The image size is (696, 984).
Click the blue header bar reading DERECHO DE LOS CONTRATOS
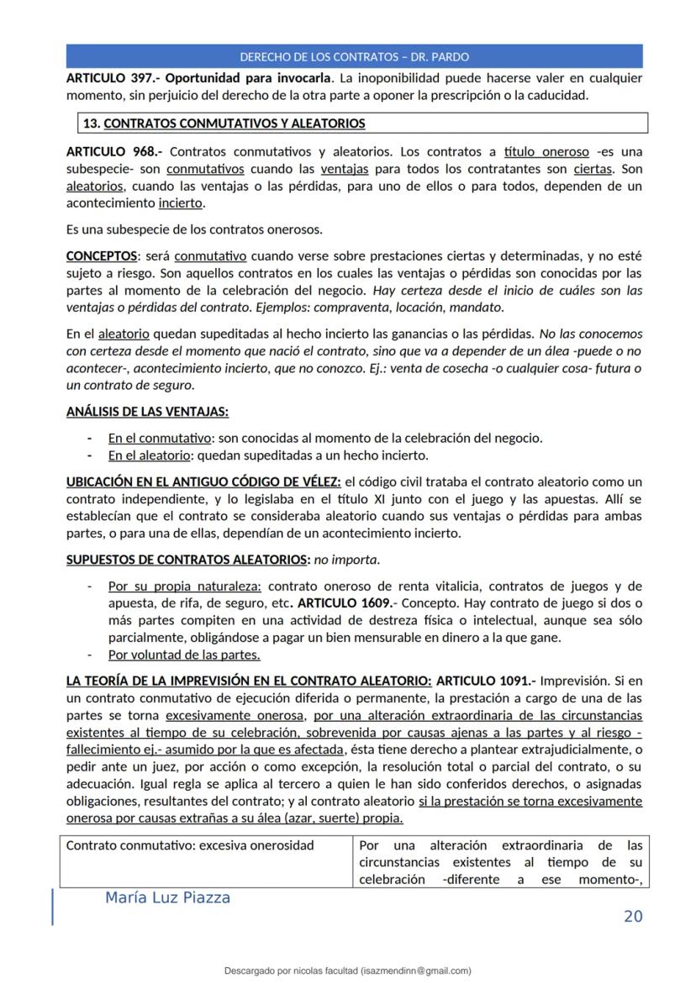[x=354, y=57]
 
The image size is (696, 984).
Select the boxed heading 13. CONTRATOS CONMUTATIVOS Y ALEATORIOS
[x=224, y=124]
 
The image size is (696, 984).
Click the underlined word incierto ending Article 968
[x=180, y=203]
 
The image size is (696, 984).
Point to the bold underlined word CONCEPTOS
[x=101, y=255]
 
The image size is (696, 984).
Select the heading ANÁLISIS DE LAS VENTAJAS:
[x=146, y=412]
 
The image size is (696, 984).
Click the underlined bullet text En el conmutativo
[x=160, y=438]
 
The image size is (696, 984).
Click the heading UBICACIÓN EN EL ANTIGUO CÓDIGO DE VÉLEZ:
[x=203, y=481]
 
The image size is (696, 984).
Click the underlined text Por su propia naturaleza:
[x=185, y=587]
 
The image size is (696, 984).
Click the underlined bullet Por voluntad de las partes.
[x=184, y=655]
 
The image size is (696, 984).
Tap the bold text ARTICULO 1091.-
[x=486, y=681]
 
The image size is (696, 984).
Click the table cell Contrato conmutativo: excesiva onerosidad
[x=190, y=845]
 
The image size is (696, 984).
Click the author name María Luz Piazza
[x=168, y=898]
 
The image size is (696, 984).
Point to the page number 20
[x=633, y=916]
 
